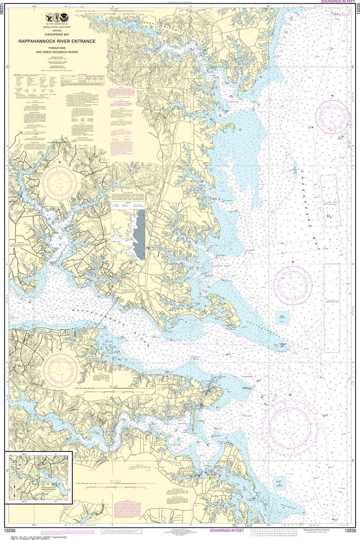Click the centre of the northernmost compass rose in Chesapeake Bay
(333, 116)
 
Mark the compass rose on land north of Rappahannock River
(60, 182)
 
